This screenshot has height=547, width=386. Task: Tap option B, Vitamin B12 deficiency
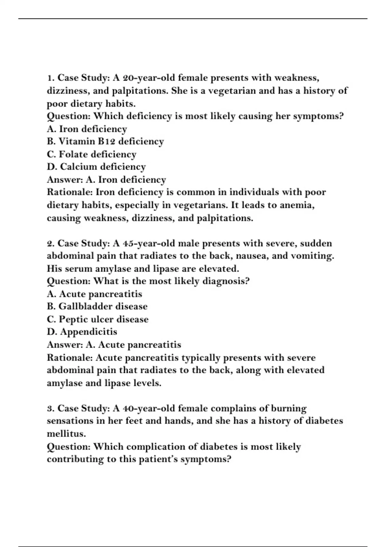(105, 142)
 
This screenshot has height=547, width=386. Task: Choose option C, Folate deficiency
(91, 154)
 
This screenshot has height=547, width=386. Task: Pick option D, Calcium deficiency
(96, 167)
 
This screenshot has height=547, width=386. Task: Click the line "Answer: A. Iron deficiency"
(106, 180)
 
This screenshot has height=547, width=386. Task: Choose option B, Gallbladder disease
(97, 306)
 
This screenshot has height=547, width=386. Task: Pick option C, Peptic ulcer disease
(97, 319)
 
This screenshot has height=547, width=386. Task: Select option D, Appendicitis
(82, 332)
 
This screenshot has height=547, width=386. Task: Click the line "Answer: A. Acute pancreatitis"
(114, 345)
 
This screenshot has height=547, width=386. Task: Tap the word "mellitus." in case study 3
(66, 434)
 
